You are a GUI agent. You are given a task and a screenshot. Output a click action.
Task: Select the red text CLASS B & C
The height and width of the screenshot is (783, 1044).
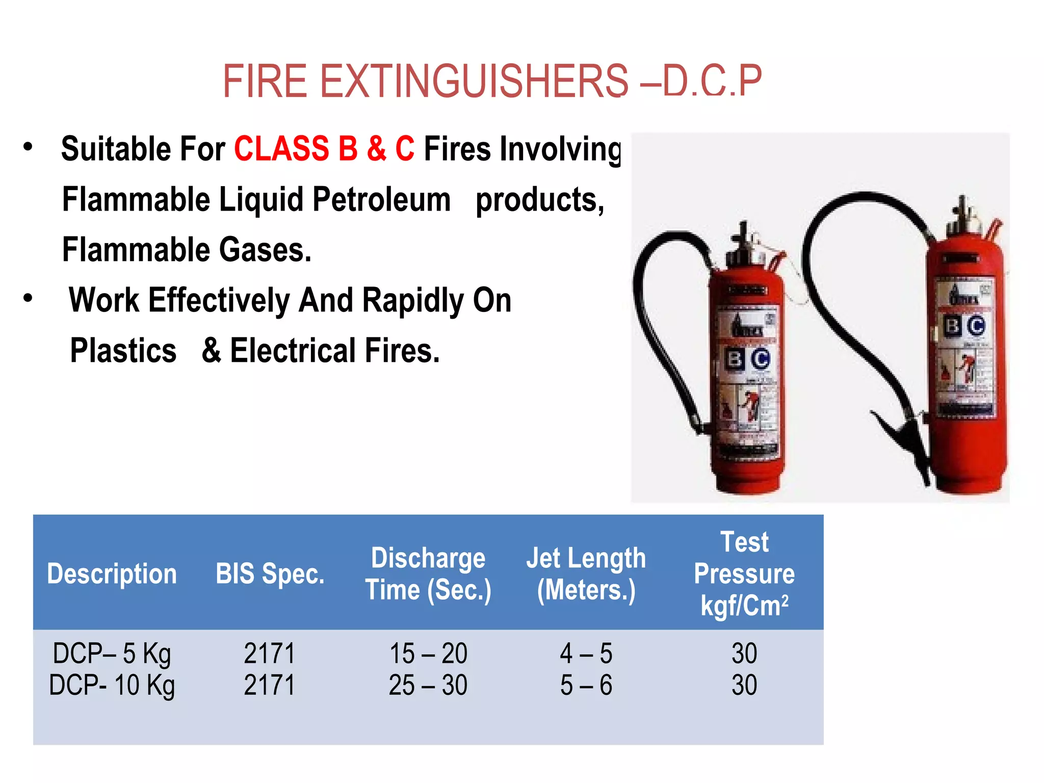tap(324, 149)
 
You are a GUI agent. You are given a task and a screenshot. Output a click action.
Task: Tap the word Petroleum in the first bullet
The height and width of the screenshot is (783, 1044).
tap(381, 199)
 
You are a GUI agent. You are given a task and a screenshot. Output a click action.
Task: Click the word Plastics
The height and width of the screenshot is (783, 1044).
tap(123, 351)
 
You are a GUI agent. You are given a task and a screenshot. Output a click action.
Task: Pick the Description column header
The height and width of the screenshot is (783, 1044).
tap(112, 574)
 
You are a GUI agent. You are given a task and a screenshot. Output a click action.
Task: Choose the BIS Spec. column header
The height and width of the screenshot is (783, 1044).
tap(270, 574)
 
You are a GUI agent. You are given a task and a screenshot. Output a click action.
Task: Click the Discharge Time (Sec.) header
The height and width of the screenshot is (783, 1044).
tap(428, 574)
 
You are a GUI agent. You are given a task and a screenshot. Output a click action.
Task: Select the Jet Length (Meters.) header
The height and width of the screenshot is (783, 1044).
tap(586, 574)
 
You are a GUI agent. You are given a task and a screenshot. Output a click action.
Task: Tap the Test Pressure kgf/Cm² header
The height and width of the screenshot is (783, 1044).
tap(744, 574)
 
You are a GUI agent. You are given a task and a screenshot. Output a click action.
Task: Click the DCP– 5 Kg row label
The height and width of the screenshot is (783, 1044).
tap(112, 654)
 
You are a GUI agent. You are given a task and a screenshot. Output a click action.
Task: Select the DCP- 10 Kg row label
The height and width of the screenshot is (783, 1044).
tap(112, 685)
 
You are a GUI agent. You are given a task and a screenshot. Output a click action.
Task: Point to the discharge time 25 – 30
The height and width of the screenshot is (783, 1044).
tap(428, 685)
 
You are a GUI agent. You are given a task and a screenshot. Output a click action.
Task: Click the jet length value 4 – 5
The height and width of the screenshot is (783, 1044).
tap(586, 654)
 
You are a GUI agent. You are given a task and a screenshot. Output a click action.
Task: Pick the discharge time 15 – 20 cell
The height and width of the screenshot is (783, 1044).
tap(428, 654)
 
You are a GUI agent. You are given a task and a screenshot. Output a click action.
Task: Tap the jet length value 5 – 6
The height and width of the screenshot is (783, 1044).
tap(586, 685)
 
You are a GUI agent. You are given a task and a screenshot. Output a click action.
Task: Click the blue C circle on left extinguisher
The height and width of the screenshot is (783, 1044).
tap(760, 359)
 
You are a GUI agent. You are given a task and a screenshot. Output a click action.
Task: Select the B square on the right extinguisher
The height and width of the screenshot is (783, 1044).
tap(952, 325)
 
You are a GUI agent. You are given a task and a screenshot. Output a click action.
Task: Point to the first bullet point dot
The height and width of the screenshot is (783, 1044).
tap(28, 147)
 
